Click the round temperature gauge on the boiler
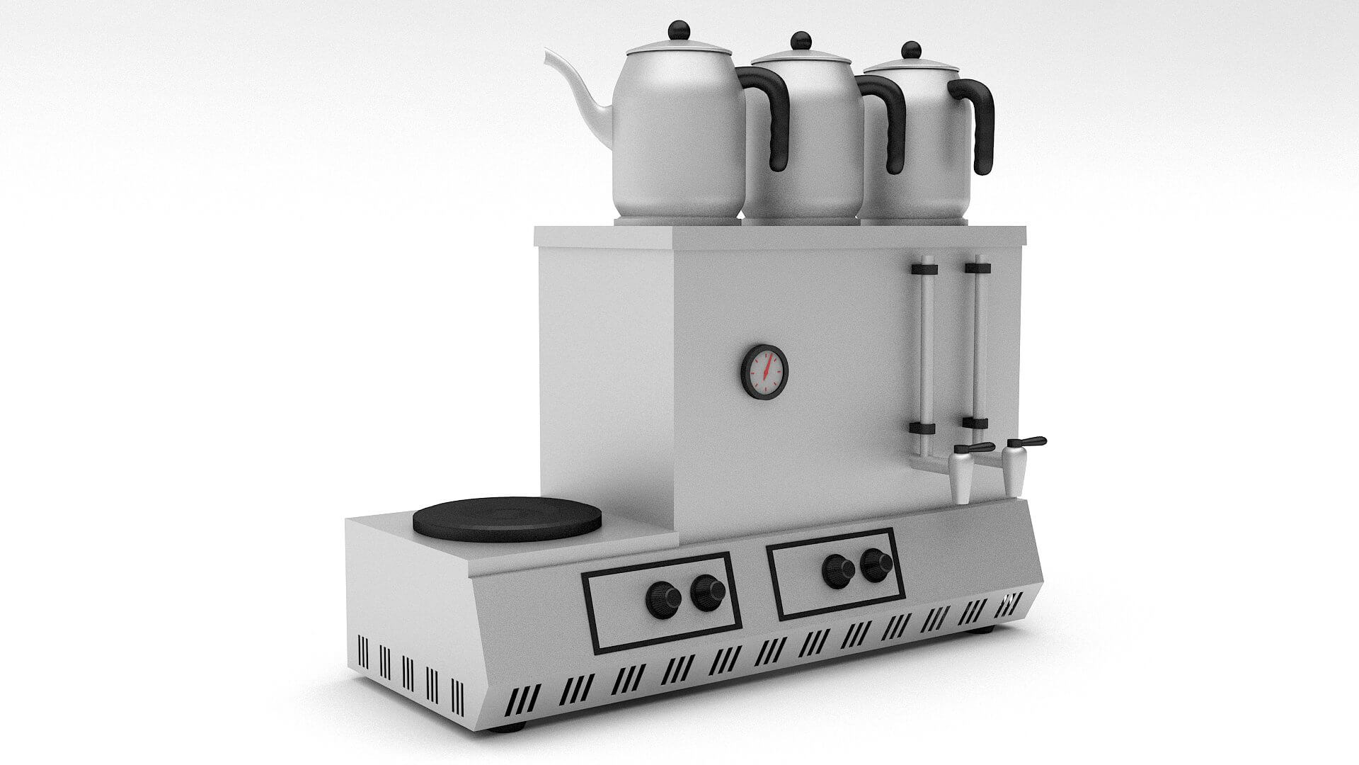coord(764,373)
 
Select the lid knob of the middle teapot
coord(801,40)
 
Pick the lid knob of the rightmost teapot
coord(912,51)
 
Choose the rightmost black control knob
coord(877,564)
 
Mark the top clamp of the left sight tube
coord(924,269)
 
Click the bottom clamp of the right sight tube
coord(975,424)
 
